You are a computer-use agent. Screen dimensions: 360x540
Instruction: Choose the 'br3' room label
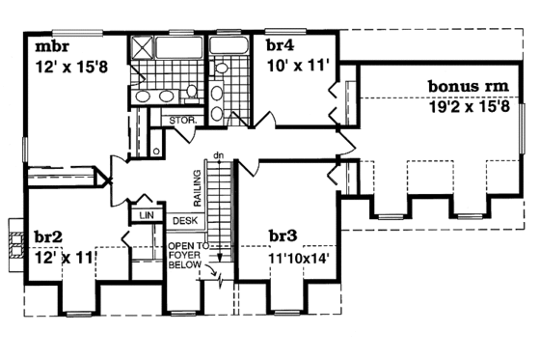[x=285, y=235]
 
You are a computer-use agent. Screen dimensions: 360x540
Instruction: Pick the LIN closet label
[x=147, y=215]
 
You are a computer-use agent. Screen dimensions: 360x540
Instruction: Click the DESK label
[x=184, y=221]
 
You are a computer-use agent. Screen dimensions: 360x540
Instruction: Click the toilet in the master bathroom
[x=193, y=91]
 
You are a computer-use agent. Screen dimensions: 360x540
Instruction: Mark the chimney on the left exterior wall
[x=13, y=240]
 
